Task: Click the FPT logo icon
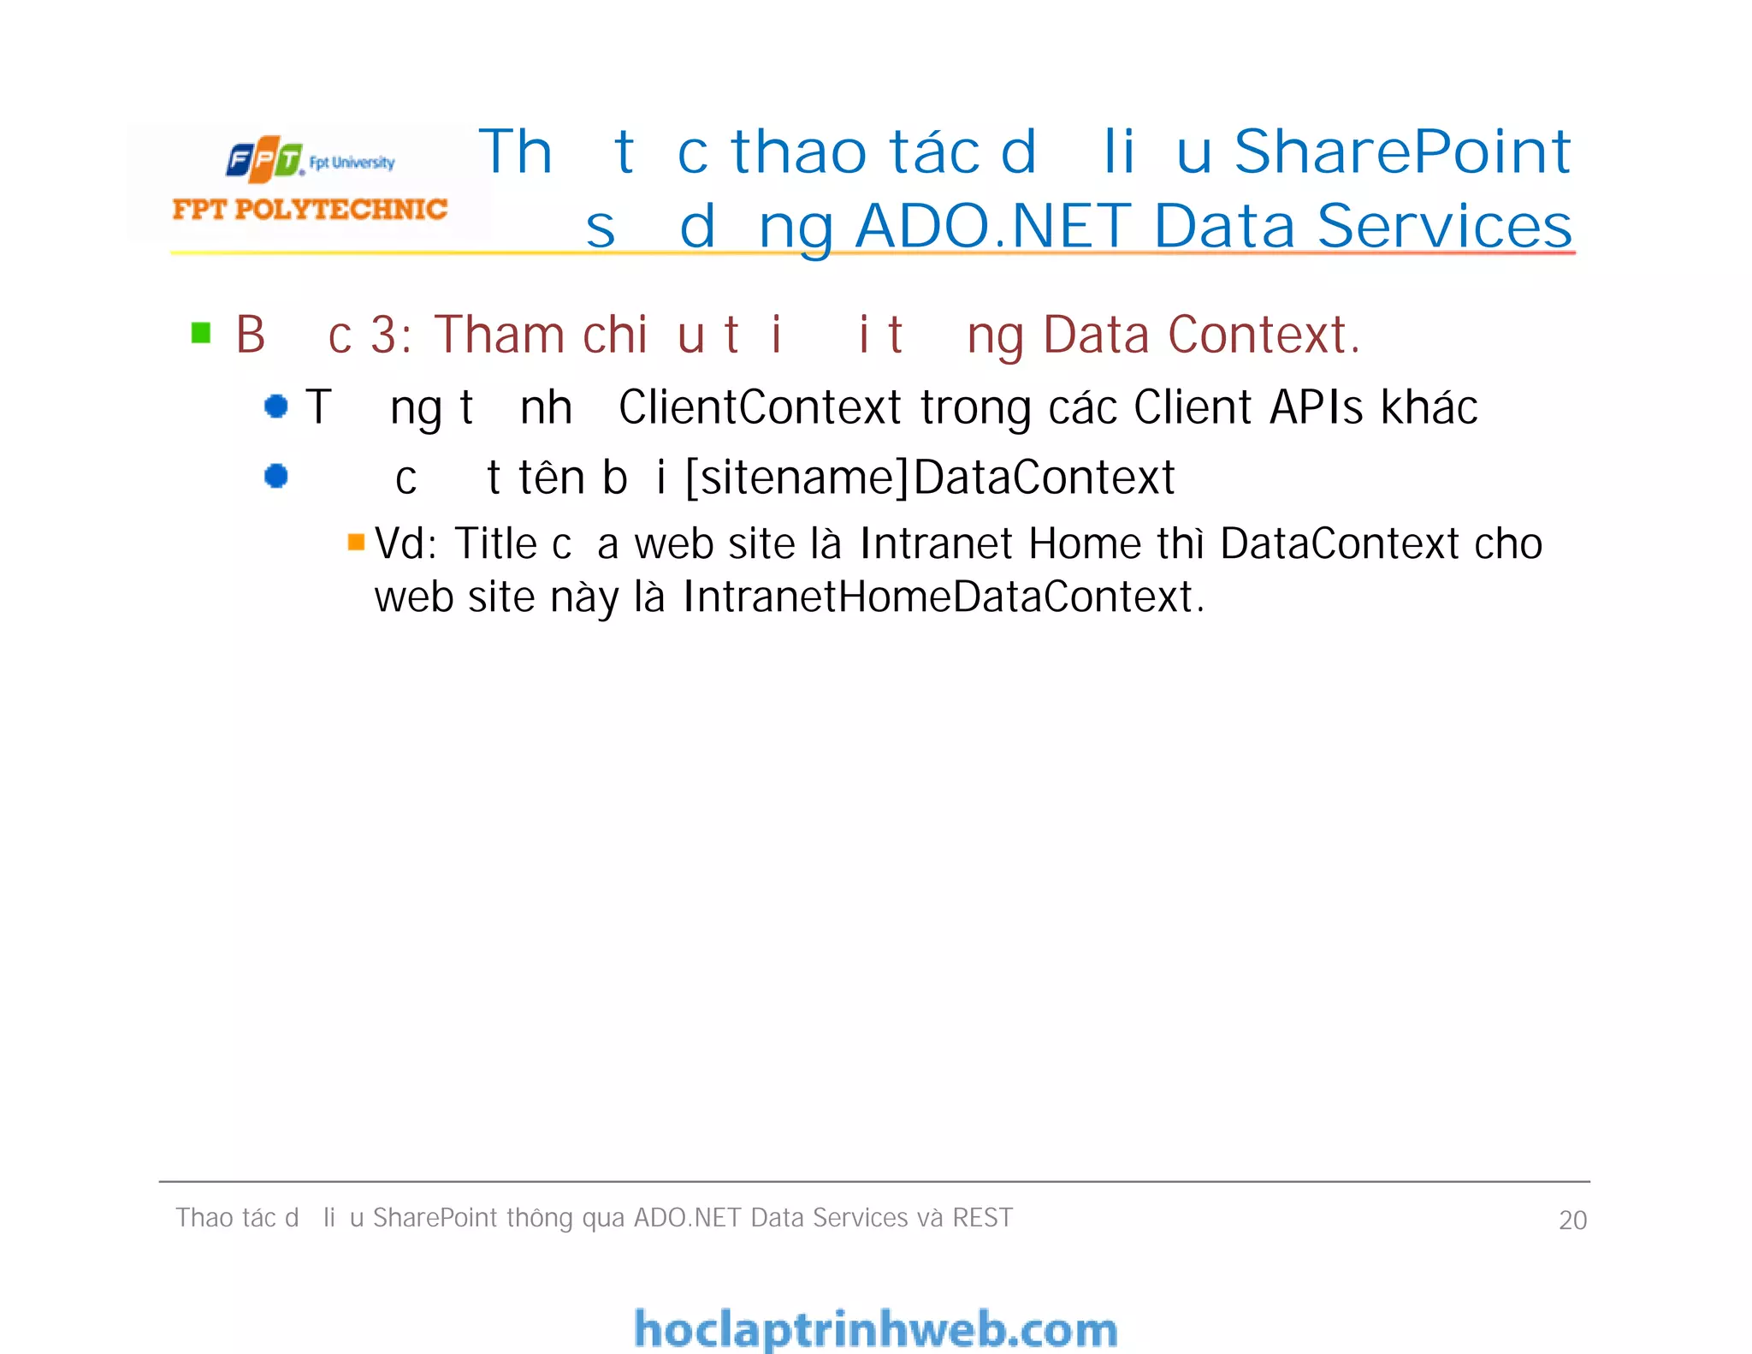pyautogui.click(x=264, y=159)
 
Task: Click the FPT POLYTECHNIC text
pyautogui.click(x=310, y=209)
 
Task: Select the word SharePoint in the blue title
pyautogui.click(x=1402, y=152)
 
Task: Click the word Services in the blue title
pyautogui.click(x=1445, y=227)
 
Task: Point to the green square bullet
pyautogui.click(x=201, y=332)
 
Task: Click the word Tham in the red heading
pyautogui.click(x=498, y=334)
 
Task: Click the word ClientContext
pyautogui.click(x=760, y=407)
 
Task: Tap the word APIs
pyautogui.click(x=1316, y=407)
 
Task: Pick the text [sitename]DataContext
pyautogui.click(x=930, y=478)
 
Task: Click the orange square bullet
pyautogui.click(x=356, y=542)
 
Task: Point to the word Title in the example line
pyautogui.click(x=495, y=543)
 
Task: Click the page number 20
pyautogui.click(x=1572, y=1220)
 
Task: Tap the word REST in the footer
pyautogui.click(x=982, y=1217)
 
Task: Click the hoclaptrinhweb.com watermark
pyautogui.click(x=875, y=1329)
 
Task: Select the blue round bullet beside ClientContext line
pyautogui.click(x=276, y=406)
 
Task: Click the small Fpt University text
pyautogui.click(x=352, y=163)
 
